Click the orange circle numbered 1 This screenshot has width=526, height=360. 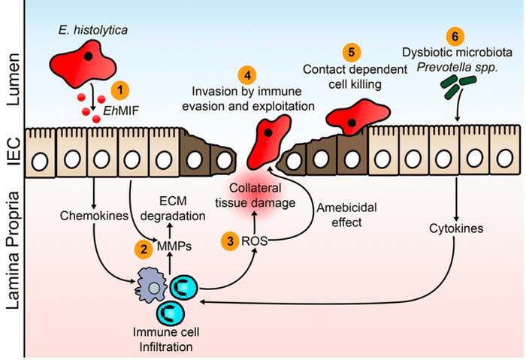coord(118,89)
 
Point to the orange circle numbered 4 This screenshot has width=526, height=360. coord(245,75)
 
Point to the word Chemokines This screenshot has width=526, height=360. coord(95,216)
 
